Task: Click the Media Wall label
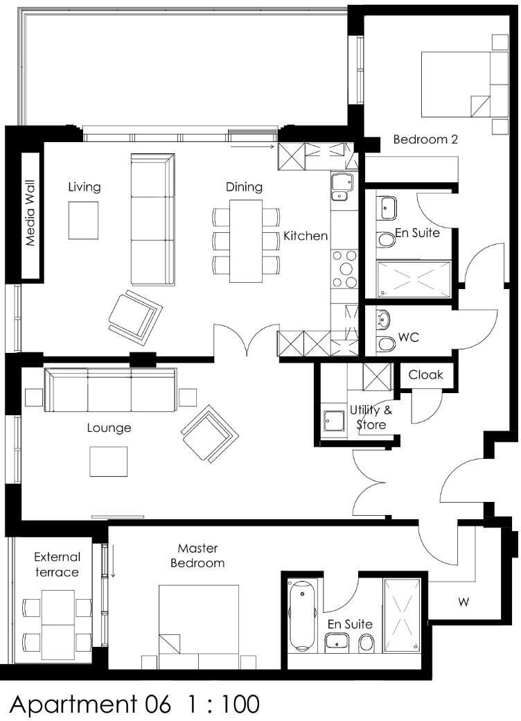[30, 212]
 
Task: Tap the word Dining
[244, 187]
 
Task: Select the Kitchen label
[306, 236]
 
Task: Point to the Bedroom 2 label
[425, 139]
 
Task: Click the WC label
[409, 338]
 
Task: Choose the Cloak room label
[426, 375]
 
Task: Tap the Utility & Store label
[371, 417]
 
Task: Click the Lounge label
[109, 428]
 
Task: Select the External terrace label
[57, 564]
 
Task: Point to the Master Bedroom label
[197, 555]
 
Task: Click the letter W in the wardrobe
[463, 602]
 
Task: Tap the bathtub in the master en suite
[303, 615]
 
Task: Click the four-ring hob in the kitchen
[344, 269]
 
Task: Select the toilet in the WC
[386, 344]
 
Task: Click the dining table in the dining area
[246, 241]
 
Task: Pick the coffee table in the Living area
[83, 220]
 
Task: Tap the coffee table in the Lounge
[109, 462]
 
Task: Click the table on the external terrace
[58, 625]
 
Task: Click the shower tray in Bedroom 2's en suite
[414, 279]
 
